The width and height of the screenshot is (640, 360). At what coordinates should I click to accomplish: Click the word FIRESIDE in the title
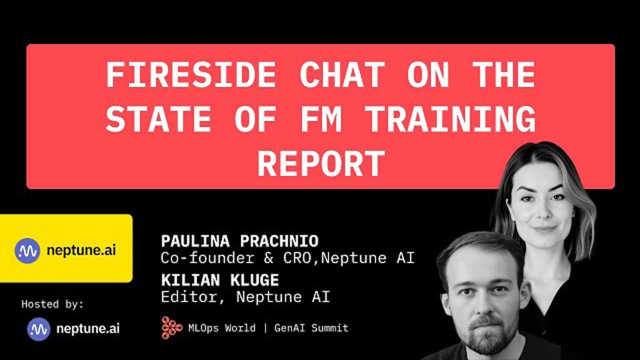[191, 75]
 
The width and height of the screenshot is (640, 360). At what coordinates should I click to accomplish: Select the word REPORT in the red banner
[321, 163]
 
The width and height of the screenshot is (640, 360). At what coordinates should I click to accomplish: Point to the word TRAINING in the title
[450, 119]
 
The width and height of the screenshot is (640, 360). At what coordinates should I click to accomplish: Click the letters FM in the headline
[321, 119]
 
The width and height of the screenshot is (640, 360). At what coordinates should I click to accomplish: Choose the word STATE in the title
[158, 119]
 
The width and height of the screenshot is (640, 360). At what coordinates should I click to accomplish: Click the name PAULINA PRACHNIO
[239, 241]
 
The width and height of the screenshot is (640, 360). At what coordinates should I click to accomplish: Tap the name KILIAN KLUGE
[220, 280]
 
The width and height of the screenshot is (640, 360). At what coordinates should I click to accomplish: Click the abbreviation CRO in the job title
[300, 258]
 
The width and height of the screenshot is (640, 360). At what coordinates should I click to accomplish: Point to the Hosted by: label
[52, 304]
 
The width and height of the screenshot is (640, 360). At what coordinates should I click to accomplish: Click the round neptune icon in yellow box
[27, 250]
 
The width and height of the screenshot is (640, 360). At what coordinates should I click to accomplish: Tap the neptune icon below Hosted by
[39, 329]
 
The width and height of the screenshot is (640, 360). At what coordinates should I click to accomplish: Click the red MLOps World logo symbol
[171, 327]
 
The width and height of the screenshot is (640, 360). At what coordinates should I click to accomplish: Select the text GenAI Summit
[311, 328]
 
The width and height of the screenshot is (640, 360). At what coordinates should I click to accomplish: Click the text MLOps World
[221, 328]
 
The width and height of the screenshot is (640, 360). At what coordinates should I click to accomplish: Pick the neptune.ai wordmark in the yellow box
[81, 251]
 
